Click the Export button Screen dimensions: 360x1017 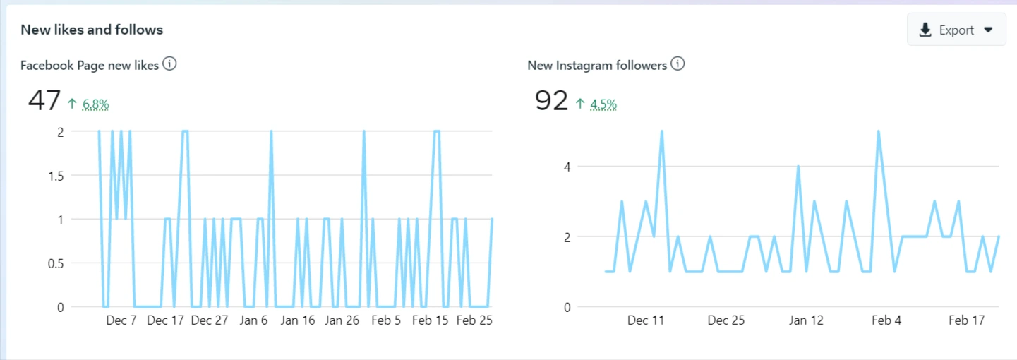[956, 30]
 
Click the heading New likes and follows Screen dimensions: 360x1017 [92, 30]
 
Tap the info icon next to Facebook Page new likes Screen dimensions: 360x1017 [169, 64]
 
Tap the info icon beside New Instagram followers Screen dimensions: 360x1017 [678, 64]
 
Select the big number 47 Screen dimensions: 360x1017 [44, 101]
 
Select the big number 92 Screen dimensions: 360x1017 [551, 101]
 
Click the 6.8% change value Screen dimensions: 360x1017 [96, 104]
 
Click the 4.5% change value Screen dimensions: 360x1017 [603, 104]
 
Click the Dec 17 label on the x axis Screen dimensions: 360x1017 [165, 320]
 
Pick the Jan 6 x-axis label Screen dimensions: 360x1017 [254, 320]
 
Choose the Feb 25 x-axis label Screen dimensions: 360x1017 [474, 320]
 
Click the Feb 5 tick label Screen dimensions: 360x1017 [385, 320]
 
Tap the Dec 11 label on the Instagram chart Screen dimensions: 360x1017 [646, 320]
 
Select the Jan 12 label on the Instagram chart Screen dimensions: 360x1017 [806, 320]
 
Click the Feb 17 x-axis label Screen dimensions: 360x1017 [966, 320]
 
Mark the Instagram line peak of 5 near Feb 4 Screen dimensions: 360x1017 [878, 132]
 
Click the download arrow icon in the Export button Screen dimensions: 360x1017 [925, 30]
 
